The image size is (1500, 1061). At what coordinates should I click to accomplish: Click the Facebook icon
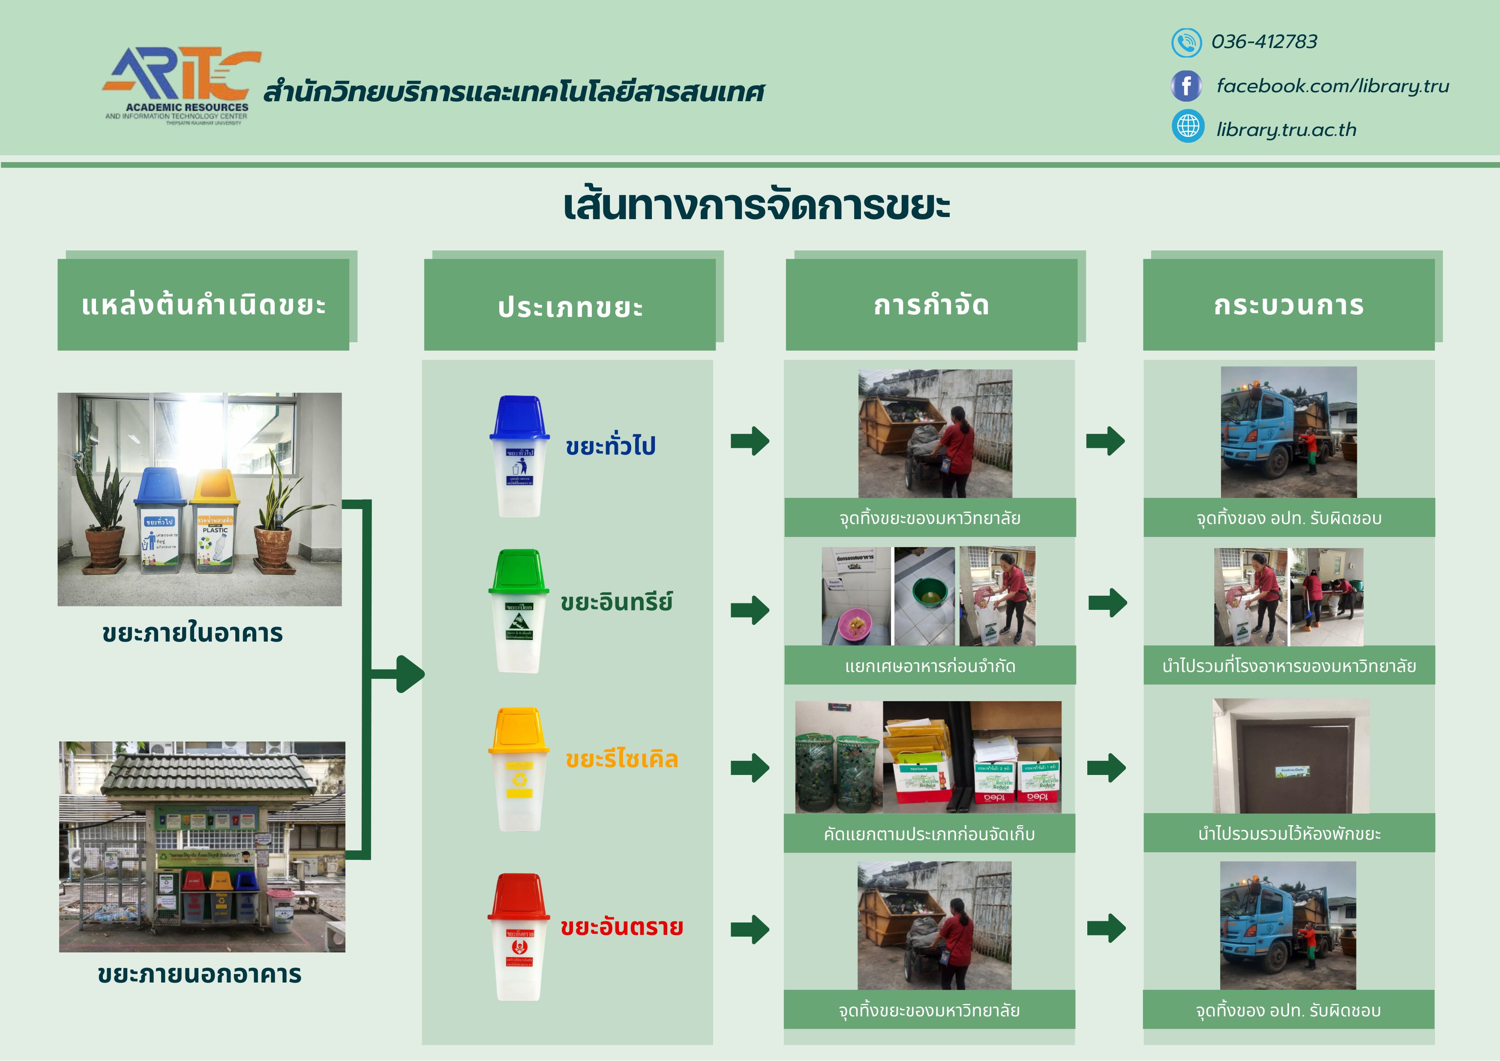1186,86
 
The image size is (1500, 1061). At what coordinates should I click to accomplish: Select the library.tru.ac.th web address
1286,130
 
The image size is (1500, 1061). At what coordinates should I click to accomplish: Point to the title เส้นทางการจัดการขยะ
756,206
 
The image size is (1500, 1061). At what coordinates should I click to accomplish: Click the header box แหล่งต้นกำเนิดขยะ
203,304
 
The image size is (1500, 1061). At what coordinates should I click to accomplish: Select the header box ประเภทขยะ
570,306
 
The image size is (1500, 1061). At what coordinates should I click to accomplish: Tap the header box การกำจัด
931,304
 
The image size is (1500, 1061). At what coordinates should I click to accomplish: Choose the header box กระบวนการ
1288,304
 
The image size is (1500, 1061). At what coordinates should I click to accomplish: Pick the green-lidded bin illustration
519,611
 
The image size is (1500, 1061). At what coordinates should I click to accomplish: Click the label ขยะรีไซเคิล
621,759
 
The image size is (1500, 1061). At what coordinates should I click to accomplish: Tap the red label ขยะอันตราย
621,927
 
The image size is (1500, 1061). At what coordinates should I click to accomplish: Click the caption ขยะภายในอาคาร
193,633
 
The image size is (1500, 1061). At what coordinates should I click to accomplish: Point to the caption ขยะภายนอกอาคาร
199,974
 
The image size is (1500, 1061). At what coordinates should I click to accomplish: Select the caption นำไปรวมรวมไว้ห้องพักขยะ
1288,834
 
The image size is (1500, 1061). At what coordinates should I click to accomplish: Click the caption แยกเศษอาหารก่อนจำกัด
930,666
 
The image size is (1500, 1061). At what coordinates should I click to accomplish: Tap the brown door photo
1290,757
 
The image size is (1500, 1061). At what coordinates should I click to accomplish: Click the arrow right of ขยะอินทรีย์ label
750,610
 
